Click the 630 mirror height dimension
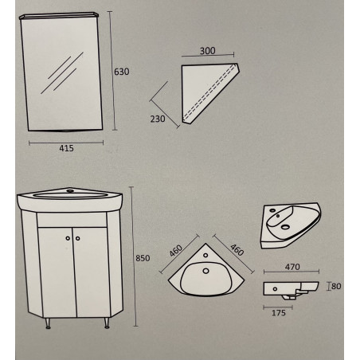(x=121, y=72)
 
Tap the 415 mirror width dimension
(x=66, y=148)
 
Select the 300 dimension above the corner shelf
(x=208, y=50)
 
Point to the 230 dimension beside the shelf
(x=158, y=119)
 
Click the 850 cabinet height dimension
(x=143, y=258)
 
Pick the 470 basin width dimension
(x=292, y=267)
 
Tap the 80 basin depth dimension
(x=336, y=286)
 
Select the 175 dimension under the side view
(x=279, y=313)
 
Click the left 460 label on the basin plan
(x=176, y=251)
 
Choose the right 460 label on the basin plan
(x=237, y=250)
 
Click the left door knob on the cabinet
(x=68, y=238)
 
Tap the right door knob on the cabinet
(x=77, y=238)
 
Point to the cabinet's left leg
(x=48, y=323)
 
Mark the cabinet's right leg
(x=107, y=323)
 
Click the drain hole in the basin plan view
(x=205, y=271)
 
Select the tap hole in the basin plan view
(x=205, y=256)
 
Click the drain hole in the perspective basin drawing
(x=285, y=227)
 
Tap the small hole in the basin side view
(x=275, y=289)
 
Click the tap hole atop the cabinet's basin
(x=70, y=190)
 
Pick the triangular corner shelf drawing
(x=210, y=93)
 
